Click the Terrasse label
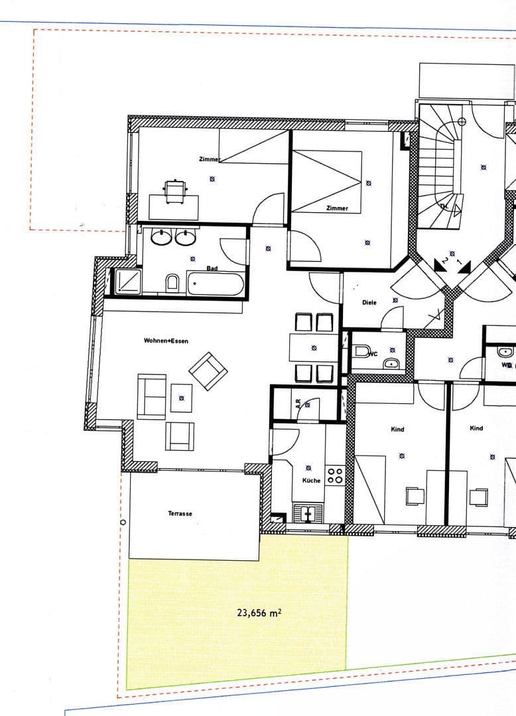(x=180, y=514)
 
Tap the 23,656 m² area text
(x=259, y=613)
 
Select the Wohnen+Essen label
(x=166, y=341)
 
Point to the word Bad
(x=212, y=268)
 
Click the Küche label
(x=312, y=480)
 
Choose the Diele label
(x=369, y=302)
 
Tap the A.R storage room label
(x=298, y=402)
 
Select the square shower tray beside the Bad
(x=128, y=282)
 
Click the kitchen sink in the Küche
(x=306, y=512)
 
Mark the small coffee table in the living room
(x=181, y=398)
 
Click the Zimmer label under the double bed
(x=337, y=208)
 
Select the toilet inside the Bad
(x=173, y=283)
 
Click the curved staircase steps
(x=436, y=159)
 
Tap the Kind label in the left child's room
(x=397, y=430)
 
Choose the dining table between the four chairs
(x=314, y=347)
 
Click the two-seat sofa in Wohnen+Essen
(x=151, y=396)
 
